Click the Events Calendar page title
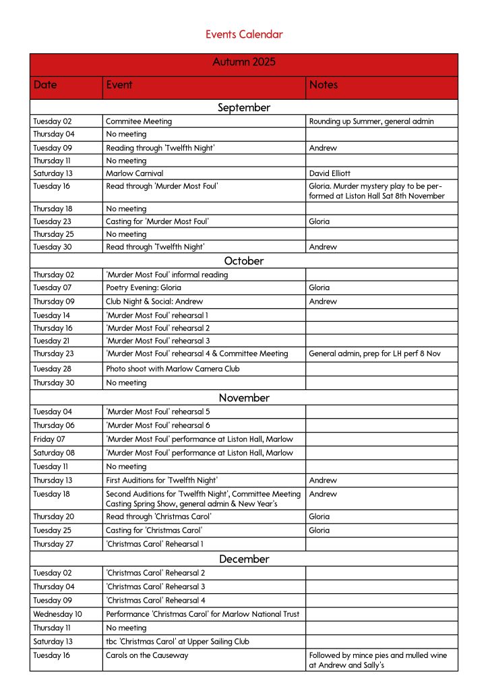(x=244, y=34)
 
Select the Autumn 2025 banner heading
(x=244, y=63)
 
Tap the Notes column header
(x=324, y=85)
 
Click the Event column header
(x=119, y=85)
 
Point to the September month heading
(x=244, y=108)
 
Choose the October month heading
(x=244, y=261)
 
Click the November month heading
(x=244, y=398)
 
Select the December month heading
(x=244, y=559)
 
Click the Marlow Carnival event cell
(x=135, y=173)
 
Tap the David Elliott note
(x=330, y=173)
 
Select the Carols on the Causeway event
(x=147, y=655)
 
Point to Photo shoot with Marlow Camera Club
(x=173, y=369)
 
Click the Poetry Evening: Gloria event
(x=144, y=287)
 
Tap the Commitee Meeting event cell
(x=139, y=121)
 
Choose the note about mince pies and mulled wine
(x=378, y=660)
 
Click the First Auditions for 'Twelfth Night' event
(x=162, y=480)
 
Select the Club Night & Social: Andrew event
(x=154, y=301)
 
